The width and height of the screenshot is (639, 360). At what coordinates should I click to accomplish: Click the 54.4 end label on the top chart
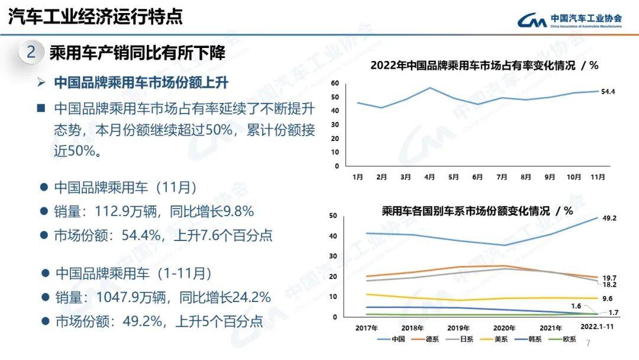tap(608, 92)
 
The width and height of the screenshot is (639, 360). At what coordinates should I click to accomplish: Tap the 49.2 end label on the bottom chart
tap(609, 218)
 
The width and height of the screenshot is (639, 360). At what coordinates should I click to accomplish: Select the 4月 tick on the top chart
tap(430, 176)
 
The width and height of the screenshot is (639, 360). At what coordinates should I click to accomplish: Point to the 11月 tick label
tap(598, 176)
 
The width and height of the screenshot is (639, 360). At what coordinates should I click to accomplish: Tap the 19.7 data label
tap(609, 278)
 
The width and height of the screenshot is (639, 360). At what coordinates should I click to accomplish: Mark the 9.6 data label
tap(607, 299)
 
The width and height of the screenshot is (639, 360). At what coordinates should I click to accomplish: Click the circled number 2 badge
tap(31, 53)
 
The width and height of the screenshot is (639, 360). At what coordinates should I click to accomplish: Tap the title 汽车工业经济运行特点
tap(95, 16)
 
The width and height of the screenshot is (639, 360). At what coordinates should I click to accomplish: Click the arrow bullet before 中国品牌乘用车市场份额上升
tap(41, 82)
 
